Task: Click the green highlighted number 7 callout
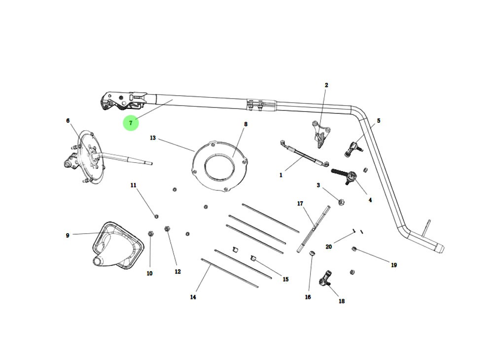tap(131, 123)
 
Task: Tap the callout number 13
tap(153, 138)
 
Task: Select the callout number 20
tap(329, 247)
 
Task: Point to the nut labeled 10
tap(151, 234)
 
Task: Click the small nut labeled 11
tap(156, 216)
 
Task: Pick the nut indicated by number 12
tap(167, 229)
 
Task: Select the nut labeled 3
tap(341, 201)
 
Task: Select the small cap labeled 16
tap(312, 253)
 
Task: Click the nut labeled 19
tap(354, 249)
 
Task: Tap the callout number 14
tap(193, 297)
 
